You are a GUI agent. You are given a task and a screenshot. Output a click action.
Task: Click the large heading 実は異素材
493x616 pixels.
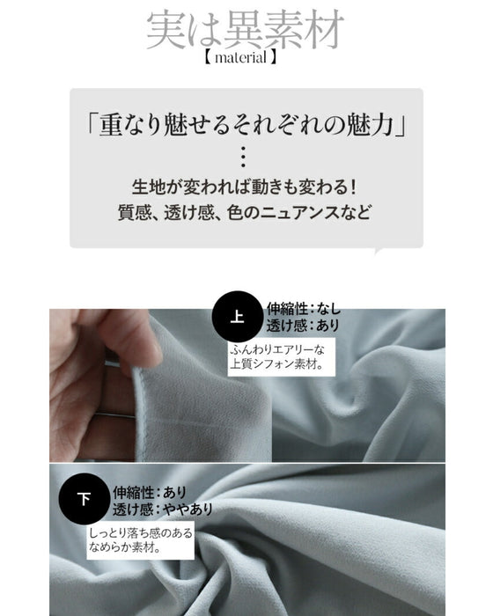coord(246,30)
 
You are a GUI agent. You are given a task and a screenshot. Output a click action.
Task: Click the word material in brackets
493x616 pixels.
coord(240,58)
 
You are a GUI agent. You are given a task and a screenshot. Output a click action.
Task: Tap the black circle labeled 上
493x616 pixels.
coord(237,317)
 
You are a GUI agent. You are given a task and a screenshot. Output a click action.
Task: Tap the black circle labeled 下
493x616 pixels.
coord(84,499)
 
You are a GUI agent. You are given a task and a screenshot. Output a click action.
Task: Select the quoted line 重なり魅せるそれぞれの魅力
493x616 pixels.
coord(246,125)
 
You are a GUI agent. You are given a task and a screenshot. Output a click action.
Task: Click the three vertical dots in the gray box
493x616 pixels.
coord(243,158)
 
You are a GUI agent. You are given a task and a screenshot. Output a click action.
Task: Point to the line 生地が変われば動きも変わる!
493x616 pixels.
coord(244,187)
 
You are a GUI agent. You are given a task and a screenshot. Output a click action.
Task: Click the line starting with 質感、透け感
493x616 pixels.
coord(244,213)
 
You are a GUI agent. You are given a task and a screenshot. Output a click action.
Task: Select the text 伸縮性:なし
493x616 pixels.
coord(304,309)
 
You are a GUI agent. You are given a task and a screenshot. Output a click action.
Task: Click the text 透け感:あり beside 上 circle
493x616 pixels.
coord(303,326)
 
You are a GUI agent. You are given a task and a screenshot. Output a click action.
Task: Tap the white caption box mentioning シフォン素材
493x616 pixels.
coord(281,357)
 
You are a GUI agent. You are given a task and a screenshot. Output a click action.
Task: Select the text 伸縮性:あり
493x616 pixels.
coord(150,492)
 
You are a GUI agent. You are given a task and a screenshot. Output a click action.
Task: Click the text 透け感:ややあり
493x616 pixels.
coord(163,510)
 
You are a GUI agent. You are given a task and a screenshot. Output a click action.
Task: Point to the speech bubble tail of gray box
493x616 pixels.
coord(379,251)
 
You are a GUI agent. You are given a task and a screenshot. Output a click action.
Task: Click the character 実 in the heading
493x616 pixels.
coord(166,31)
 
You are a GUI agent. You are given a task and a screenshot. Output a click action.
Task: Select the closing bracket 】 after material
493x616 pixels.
coord(272,58)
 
